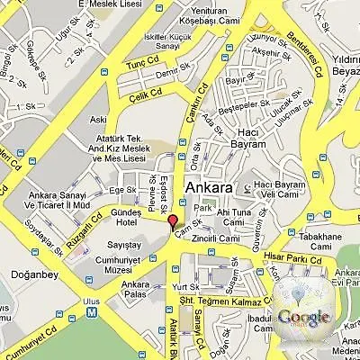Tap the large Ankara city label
click(x=209, y=188)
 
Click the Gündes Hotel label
click(x=132, y=216)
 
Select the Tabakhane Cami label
click(x=319, y=242)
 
